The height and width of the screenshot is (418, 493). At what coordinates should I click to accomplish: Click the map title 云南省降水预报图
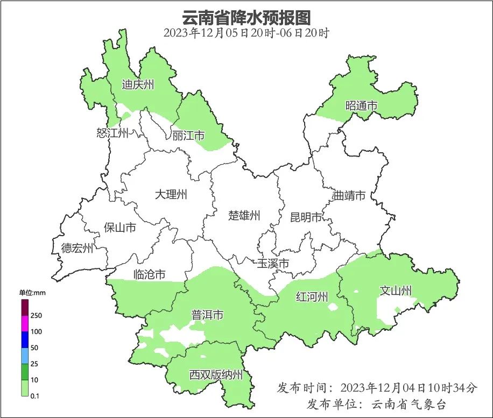tap(246, 17)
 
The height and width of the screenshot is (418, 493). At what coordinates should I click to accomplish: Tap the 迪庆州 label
tap(138, 84)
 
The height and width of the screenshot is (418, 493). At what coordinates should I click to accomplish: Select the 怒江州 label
tap(112, 133)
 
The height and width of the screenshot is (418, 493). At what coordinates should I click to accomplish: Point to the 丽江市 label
tap(188, 136)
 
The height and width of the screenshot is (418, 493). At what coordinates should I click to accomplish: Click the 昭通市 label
tap(361, 106)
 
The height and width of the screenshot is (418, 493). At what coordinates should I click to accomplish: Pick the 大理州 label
tap(171, 195)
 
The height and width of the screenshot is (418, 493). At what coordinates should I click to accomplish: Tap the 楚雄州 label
tap(244, 216)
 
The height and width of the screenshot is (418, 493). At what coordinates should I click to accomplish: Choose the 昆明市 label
tap(306, 217)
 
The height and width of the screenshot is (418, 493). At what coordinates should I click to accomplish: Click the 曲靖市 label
tap(349, 195)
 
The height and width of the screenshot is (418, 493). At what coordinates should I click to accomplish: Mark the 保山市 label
tap(119, 228)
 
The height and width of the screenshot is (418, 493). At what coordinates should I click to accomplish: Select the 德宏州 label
tap(77, 248)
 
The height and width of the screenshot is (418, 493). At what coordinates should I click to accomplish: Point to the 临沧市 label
tap(149, 275)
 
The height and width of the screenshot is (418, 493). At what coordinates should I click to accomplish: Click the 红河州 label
tap(312, 296)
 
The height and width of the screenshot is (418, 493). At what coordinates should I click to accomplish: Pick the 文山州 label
tap(396, 291)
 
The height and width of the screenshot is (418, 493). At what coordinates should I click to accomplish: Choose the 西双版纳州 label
tap(216, 375)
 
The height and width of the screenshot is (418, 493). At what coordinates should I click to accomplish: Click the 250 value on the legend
tap(37, 315)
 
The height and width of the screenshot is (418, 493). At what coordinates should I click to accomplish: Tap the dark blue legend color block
tap(25, 339)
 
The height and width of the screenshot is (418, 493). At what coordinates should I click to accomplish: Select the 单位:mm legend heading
tap(33, 293)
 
